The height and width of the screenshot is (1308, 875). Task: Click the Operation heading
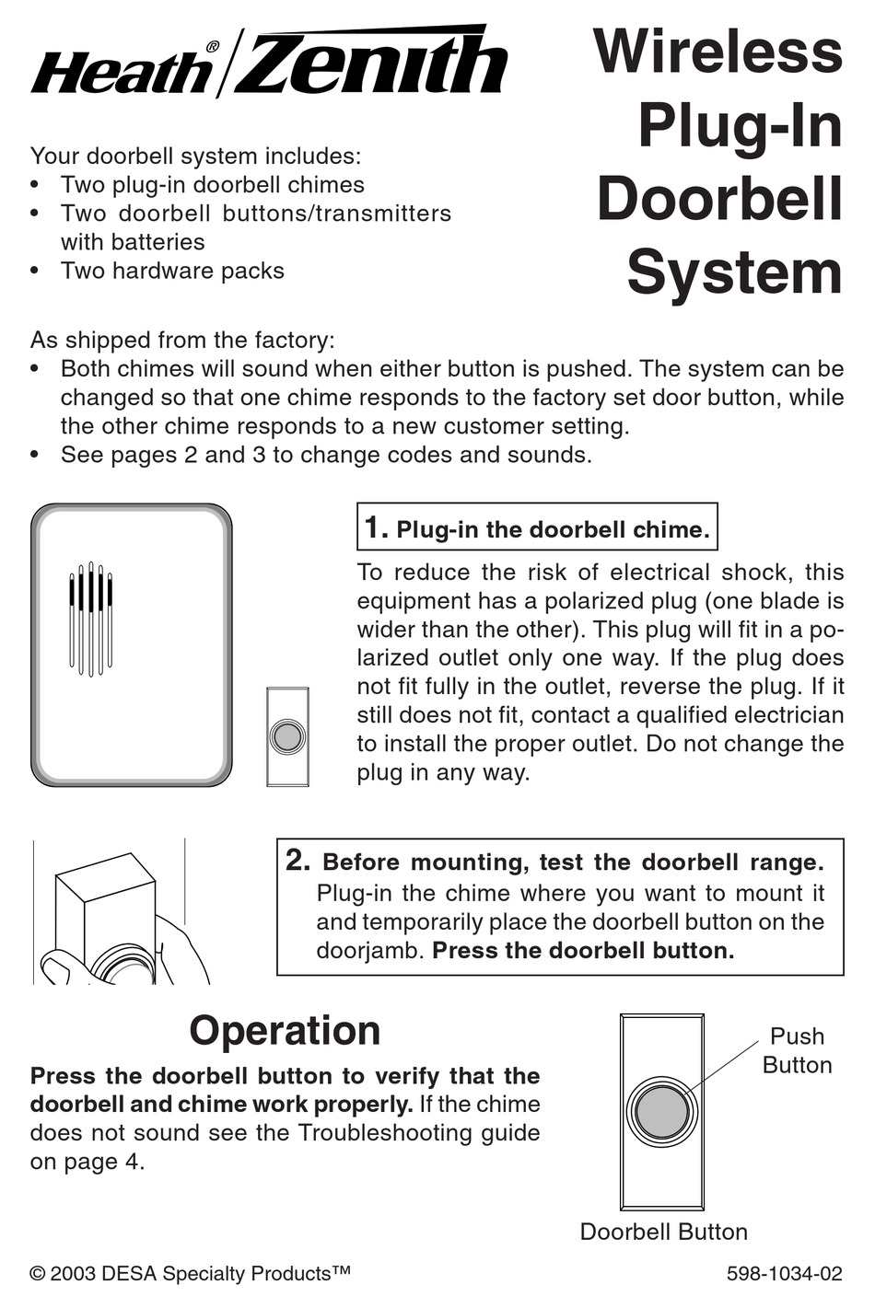click(x=285, y=1030)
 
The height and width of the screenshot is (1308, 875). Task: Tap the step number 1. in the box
click(x=375, y=528)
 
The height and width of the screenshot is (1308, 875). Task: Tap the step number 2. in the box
click(x=297, y=861)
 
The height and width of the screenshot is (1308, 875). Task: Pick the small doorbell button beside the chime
click(x=287, y=736)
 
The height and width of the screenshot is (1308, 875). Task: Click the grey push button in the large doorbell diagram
click(x=660, y=1110)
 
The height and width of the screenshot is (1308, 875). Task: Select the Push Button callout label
click(x=797, y=1050)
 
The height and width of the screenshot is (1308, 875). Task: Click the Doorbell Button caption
click(x=663, y=1232)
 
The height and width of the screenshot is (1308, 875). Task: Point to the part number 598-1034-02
click(x=784, y=1274)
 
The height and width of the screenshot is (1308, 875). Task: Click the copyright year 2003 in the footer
click(x=73, y=1274)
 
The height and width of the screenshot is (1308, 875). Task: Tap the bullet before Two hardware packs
click(x=35, y=272)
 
